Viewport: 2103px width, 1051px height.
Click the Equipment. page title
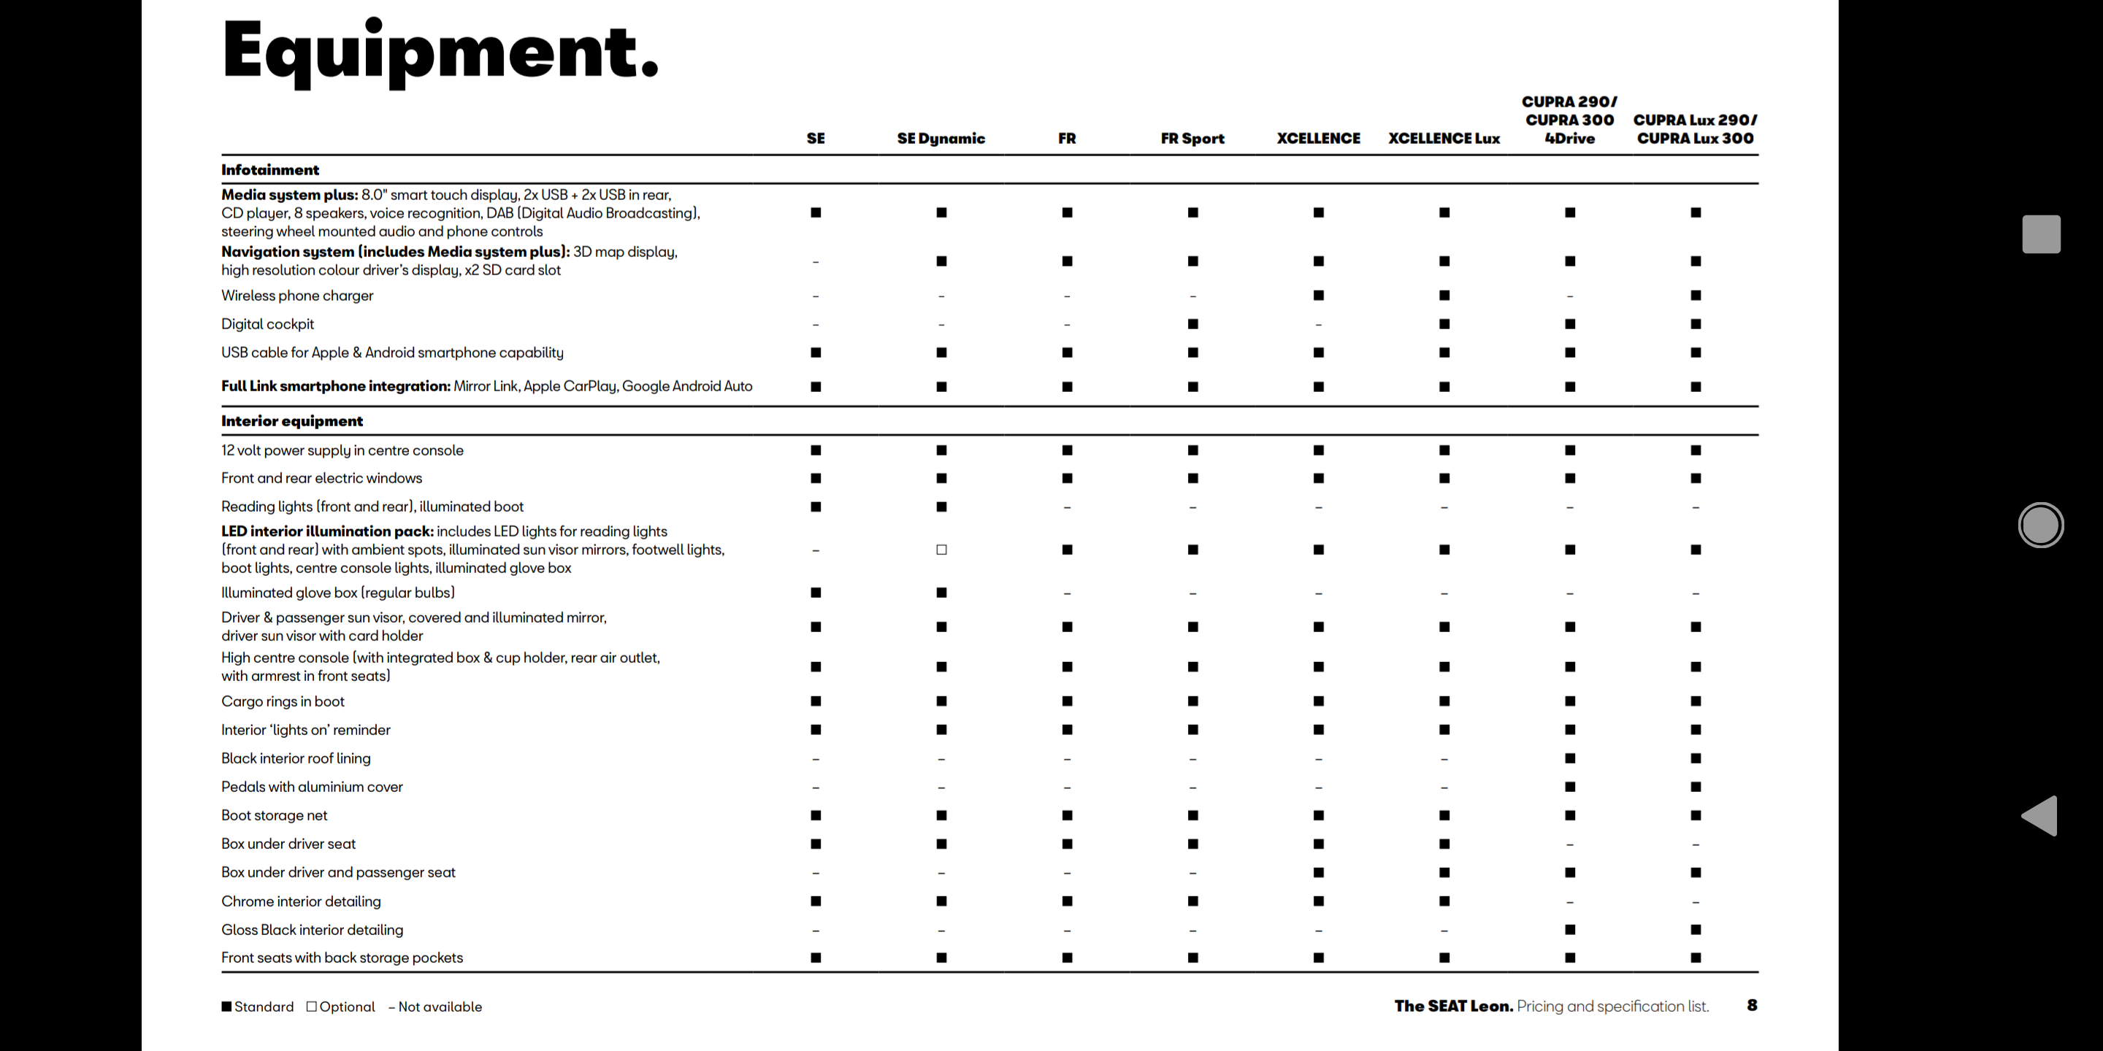coord(439,50)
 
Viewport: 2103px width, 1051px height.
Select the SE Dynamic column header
coord(941,139)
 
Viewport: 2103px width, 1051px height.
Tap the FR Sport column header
coord(1192,139)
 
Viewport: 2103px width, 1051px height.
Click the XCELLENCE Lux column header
coord(1444,139)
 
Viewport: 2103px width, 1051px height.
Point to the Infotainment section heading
coord(270,170)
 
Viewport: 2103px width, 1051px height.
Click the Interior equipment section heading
coord(291,421)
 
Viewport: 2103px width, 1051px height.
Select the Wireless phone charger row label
coord(297,296)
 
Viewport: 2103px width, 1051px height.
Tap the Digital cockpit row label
coord(268,324)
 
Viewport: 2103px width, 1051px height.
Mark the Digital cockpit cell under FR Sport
coord(1192,324)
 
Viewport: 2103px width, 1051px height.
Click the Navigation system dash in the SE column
coord(816,262)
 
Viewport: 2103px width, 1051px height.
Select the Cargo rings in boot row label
coord(283,701)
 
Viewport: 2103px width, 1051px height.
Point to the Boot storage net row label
coord(275,815)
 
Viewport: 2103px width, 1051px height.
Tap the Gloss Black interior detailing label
coord(312,929)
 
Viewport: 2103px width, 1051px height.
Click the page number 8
coord(1751,1005)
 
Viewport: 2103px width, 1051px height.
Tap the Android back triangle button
coord(2040,815)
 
